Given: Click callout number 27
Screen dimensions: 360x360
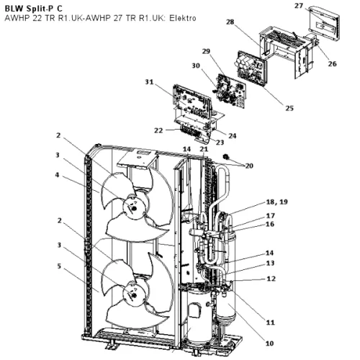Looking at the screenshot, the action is (x=299, y=6).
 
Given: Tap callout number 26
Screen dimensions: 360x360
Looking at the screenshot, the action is (x=333, y=64).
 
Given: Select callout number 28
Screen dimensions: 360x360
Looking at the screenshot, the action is (x=230, y=22).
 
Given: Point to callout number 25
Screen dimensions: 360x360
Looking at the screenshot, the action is (x=289, y=108).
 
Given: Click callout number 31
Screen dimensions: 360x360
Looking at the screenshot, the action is (x=149, y=82).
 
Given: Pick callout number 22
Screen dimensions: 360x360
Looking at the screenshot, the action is (x=158, y=130).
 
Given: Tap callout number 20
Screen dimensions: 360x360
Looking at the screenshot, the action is (x=249, y=166).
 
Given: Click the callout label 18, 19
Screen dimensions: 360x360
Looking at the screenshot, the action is (x=276, y=202).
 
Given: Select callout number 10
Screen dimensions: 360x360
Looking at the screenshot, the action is (x=269, y=343).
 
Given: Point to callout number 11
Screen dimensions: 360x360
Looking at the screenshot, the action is (x=270, y=323).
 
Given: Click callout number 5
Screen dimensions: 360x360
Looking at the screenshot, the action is (x=59, y=266).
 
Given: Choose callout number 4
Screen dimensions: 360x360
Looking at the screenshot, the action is (x=57, y=175).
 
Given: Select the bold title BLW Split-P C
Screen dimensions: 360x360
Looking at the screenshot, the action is (x=34, y=9).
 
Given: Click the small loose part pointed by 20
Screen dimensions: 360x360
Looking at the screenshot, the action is (x=226, y=157).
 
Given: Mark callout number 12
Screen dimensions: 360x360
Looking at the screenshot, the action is (x=271, y=279).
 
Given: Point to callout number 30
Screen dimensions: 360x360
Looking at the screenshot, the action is (x=196, y=66).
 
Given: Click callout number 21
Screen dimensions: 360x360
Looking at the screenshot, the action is (x=204, y=149).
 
